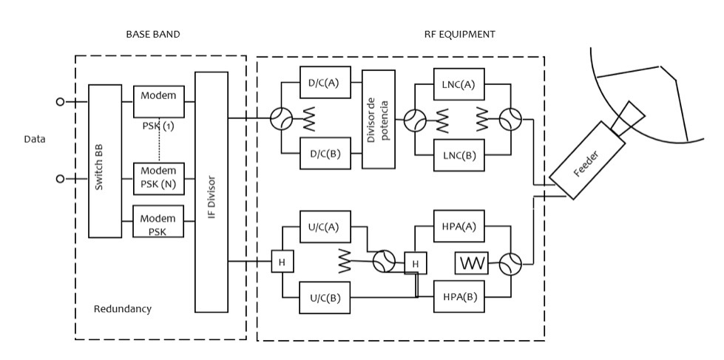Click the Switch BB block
105,160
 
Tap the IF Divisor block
211,191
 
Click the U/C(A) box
324,227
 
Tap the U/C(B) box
324,298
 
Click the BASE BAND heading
153,34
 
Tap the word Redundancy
123,308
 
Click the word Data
35,138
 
